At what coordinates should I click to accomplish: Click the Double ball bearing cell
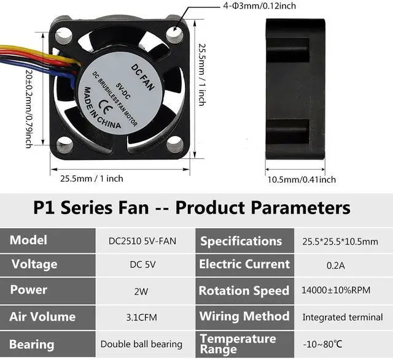141,344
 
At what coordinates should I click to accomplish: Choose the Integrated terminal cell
343,318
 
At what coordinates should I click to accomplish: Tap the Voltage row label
34,264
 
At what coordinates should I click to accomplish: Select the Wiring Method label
244,316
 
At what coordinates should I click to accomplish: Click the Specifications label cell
241,241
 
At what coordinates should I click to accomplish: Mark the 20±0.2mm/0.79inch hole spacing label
28,107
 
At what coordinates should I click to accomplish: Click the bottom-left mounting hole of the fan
64,145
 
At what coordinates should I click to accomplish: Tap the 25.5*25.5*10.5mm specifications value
340,240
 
